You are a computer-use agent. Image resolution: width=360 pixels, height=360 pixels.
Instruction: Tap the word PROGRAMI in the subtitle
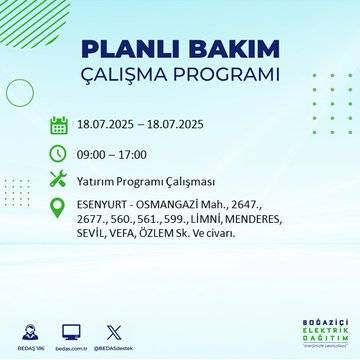[x=233, y=76]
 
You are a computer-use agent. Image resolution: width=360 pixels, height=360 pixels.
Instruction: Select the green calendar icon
[x=58, y=126]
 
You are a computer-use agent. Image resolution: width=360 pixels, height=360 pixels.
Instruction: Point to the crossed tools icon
[x=58, y=180]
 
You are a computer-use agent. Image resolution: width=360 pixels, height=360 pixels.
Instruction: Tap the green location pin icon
[x=58, y=209]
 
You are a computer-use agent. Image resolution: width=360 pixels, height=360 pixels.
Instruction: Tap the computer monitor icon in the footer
[x=71, y=329]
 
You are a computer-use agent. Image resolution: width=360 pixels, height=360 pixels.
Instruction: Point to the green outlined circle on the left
[x=20, y=93]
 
